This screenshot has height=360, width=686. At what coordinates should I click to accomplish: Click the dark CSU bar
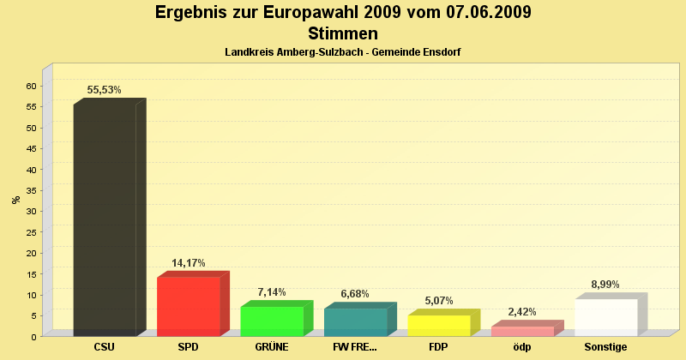(x=105, y=219)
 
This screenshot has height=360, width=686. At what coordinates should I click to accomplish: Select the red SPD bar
(x=189, y=306)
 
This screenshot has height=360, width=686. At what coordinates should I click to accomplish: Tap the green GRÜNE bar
(x=272, y=321)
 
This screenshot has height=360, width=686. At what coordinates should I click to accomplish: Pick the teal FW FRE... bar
(x=355, y=321)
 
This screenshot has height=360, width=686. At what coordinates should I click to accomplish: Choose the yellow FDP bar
(x=439, y=325)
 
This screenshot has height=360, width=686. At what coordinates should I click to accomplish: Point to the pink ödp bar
(x=522, y=331)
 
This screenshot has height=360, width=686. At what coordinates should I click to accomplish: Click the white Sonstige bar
(x=606, y=317)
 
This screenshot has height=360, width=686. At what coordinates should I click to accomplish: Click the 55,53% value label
(x=105, y=90)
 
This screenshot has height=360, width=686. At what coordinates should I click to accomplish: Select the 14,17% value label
(x=189, y=263)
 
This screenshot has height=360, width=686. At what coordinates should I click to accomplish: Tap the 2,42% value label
(x=522, y=313)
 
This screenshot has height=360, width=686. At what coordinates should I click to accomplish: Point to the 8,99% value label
(x=605, y=285)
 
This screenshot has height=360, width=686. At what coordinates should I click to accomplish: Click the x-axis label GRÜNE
(x=272, y=347)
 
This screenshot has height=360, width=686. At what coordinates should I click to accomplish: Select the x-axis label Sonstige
(x=605, y=347)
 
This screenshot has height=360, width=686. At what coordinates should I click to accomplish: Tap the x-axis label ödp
(x=522, y=347)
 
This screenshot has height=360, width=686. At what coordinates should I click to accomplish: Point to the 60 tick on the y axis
(x=30, y=86)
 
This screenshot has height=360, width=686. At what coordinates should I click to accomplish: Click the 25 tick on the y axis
(x=30, y=232)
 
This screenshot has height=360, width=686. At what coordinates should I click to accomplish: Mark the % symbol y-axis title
(x=15, y=200)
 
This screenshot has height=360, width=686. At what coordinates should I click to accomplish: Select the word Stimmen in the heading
(x=343, y=33)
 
